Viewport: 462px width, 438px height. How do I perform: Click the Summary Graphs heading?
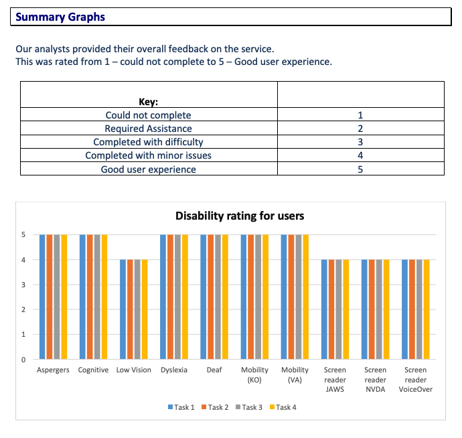tap(60, 17)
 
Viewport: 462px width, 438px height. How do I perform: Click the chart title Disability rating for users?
tap(240, 216)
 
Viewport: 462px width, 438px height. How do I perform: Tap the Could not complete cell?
tap(149, 115)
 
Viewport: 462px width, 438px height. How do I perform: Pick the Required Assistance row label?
tap(149, 129)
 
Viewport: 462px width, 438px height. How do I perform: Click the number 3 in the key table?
tap(360, 142)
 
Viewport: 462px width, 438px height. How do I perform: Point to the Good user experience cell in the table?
tap(149, 169)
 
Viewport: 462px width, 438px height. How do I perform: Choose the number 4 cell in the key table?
tap(360, 155)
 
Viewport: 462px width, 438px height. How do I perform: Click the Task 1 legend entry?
tap(181, 407)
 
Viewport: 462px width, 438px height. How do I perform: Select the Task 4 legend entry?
tap(283, 407)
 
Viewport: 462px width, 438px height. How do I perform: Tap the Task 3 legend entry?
tap(249, 407)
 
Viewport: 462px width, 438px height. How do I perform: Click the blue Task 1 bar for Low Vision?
tap(123, 309)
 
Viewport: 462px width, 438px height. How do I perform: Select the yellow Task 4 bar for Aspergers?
tap(64, 297)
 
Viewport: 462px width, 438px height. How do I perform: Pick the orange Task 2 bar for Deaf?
tap(211, 297)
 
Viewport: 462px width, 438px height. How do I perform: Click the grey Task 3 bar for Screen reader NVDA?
tap(379, 309)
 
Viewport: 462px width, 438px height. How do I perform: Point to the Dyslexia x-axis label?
tap(174, 370)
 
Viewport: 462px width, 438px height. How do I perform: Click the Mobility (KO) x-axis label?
tap(254, 374)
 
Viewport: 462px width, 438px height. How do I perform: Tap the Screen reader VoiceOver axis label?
tap(415, 380)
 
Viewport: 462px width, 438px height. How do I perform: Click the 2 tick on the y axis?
tap(23, 309)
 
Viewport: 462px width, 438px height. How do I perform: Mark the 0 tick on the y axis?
tap(23, 359)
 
